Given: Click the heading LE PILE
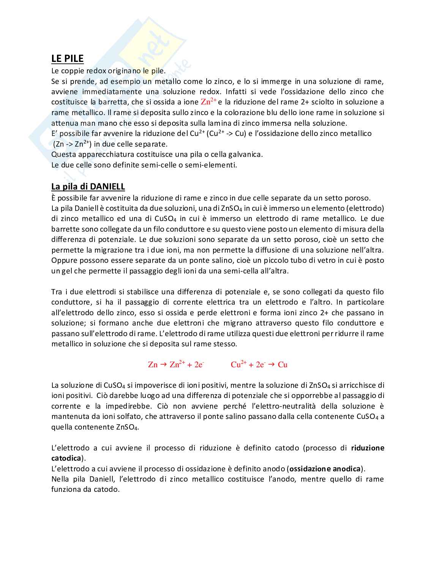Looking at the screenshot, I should pos(67,58).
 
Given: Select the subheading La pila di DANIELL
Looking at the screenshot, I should pos(88,186).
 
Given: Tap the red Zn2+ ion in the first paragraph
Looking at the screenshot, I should pos(208,102).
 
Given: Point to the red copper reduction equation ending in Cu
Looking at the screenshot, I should pos(259,365).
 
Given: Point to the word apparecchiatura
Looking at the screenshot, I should pos(106,155).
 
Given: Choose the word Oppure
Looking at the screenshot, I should pos(64,261).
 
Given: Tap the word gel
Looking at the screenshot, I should pos(66,271).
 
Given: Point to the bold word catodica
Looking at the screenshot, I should pos(66,458).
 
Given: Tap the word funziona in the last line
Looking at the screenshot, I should pos(66,489).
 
